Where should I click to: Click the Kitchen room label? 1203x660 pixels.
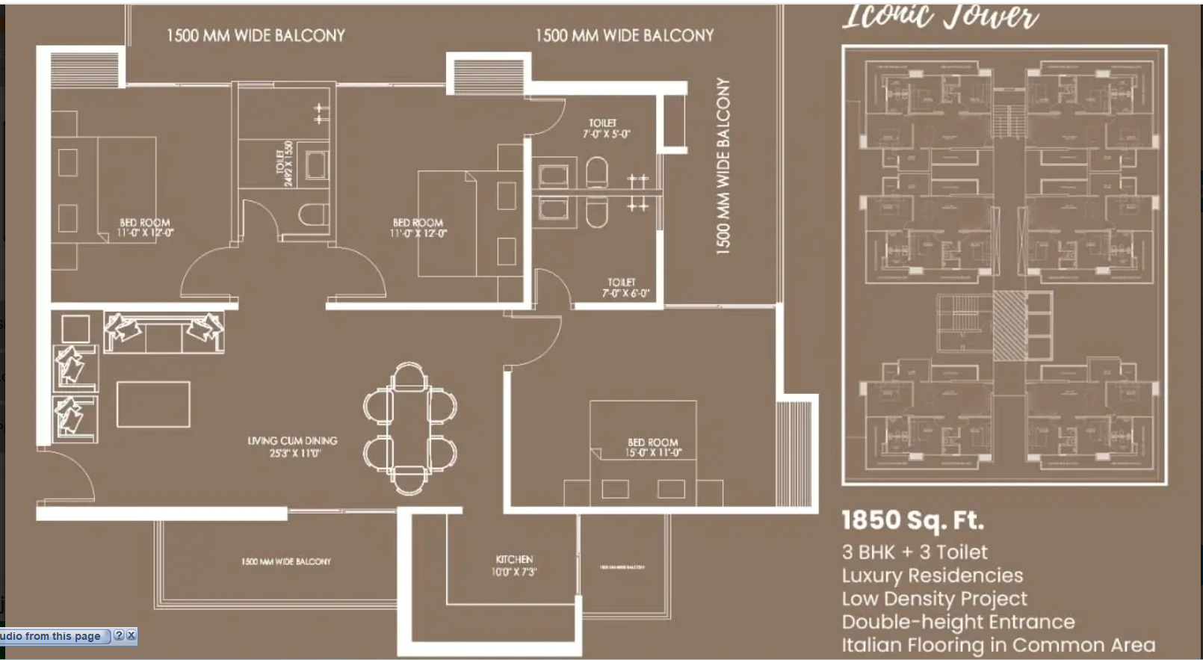(x=514, y=566)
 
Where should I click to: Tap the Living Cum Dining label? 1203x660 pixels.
(x=293, y=447)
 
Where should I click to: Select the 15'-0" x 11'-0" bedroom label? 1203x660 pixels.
(x=653, y=448)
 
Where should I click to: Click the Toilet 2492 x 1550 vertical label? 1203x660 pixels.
(x=284, y=163)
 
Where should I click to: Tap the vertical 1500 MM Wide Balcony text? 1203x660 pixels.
(x=723, y=166)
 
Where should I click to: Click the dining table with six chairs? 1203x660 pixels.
(x=409, y=428)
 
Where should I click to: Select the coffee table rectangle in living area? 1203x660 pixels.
(x=153, y=404)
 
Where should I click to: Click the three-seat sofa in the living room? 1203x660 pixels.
(x=164, y=333)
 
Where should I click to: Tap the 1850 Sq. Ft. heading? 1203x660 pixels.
(x=912, y=520)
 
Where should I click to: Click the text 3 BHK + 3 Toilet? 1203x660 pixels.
(x=914, y=552)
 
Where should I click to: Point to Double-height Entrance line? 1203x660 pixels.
(x=958, y=622)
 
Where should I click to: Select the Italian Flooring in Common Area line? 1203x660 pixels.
(x=998, y=645)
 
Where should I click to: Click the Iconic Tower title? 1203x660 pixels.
(x=940, y=16)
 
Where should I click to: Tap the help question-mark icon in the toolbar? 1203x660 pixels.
(x=119, y=635)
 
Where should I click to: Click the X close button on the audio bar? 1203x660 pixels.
(x=132, y=635)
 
